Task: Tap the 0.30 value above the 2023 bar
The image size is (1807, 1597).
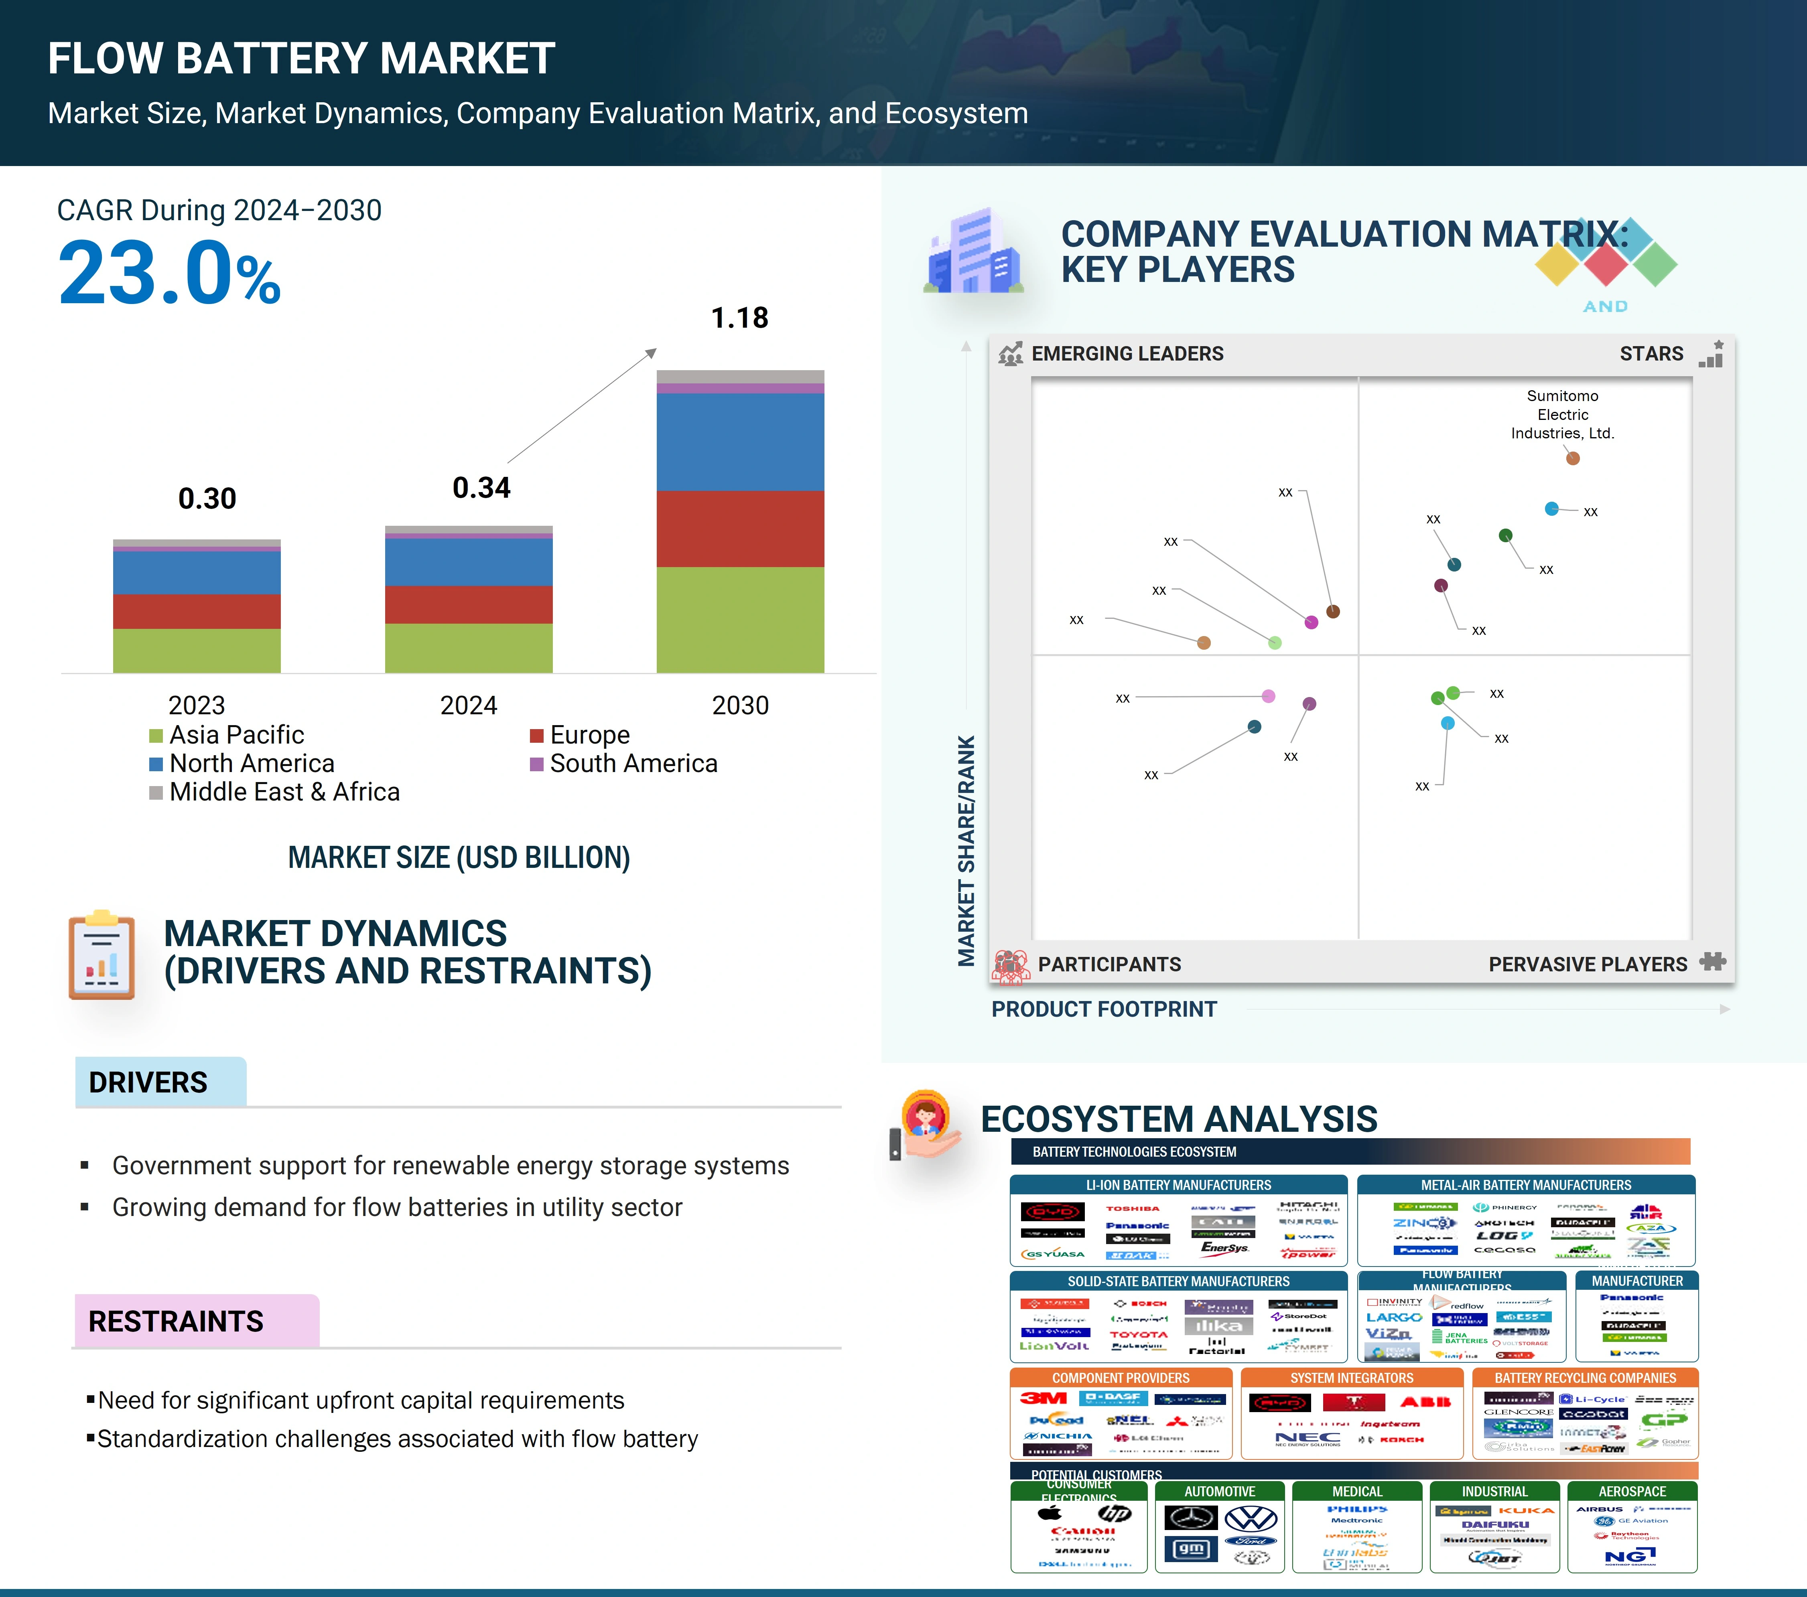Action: click(207, 499)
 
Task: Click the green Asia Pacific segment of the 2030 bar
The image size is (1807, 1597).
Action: click(740, 619)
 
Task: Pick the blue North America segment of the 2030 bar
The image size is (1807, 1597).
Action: click(740, 442)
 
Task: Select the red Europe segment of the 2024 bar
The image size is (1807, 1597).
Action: click(469, 604)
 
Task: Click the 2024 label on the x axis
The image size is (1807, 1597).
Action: click(469, 705)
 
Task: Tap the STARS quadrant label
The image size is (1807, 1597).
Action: click(1651, 353)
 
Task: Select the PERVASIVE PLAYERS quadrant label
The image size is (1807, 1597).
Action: click(1587, 964)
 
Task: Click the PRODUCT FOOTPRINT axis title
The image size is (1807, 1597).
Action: click(1103, 1009)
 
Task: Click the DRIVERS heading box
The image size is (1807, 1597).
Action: click(160, 1082)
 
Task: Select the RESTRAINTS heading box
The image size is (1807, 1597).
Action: click(196, 1321)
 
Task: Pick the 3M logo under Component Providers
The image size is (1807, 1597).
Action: click(1043, 1398)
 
